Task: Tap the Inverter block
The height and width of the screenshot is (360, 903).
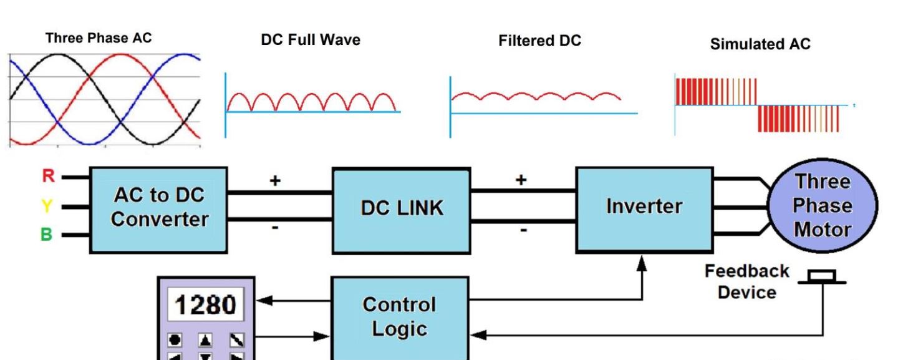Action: tap(644, 207)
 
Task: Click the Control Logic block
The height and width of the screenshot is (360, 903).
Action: tap(400, 316)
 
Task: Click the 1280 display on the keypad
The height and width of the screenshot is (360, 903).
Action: tap(205, 305)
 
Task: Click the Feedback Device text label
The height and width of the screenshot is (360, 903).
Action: tap(746, 281)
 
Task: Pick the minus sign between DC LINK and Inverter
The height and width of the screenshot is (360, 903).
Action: tap(523, 230)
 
